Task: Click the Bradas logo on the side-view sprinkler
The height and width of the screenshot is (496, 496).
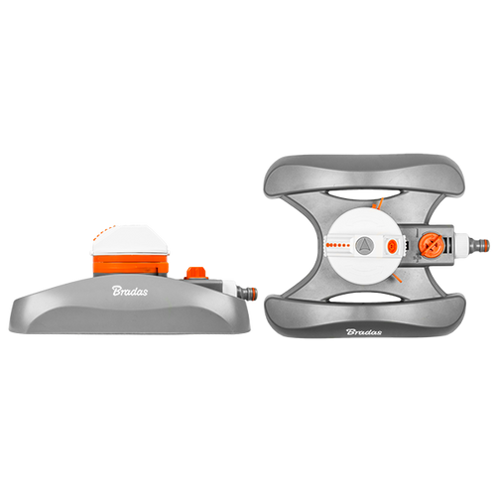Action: pos(130,291)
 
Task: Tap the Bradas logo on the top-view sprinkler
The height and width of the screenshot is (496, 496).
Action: pos(364,331)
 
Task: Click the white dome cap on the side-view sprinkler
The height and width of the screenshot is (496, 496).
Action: pos(130,240)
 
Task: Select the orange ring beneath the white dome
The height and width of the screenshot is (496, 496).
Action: pos(130,264)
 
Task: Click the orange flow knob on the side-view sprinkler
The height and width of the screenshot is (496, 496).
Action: pos(195,273)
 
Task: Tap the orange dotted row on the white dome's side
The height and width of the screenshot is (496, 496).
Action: pos(103,231)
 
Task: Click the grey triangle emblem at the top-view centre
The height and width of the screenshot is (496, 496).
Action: pos(364,245)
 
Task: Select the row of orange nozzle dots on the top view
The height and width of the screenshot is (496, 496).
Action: pos(337,245)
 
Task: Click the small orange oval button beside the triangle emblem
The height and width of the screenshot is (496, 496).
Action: pos(393,245)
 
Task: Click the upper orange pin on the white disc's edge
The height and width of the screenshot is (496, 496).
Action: pos(380,203)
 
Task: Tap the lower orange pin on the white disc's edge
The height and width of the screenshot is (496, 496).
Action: pos(397,278)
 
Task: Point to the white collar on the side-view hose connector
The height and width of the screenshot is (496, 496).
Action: pos(229,289)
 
